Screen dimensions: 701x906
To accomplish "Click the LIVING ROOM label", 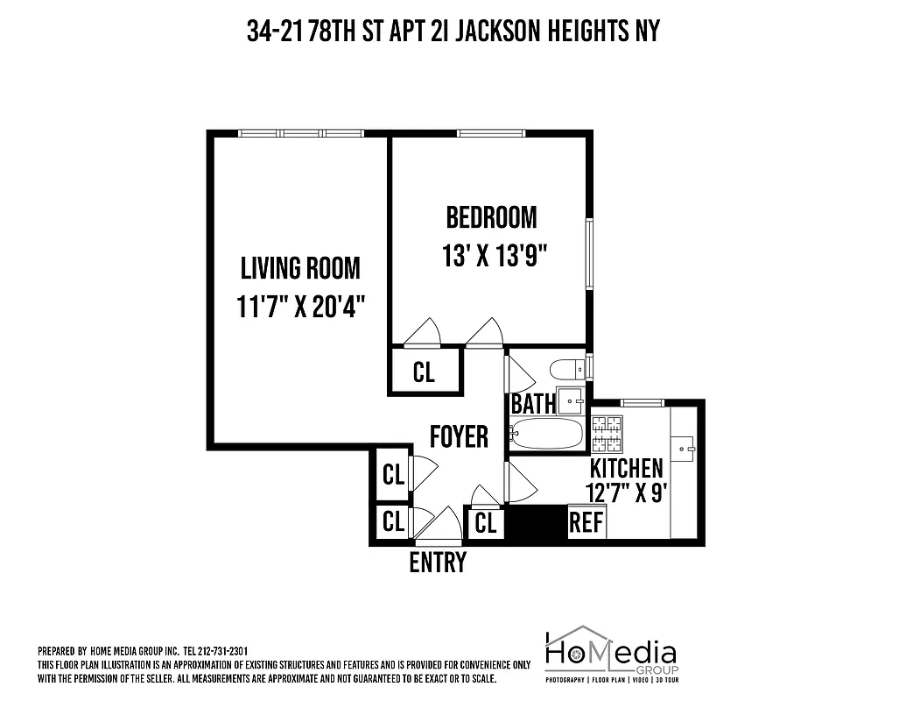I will pos(300,267).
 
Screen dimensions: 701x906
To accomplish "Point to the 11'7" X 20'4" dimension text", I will pos(300,308).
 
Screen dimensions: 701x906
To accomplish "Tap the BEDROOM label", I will pos(491,216).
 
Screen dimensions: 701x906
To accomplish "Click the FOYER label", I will pos(459,435).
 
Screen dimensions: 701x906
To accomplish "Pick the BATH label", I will pos(533,404).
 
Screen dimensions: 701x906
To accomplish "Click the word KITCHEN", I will pos(626,467).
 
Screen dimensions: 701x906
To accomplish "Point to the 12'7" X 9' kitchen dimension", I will pos(628,492).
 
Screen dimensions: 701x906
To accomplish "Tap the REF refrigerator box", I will pos(586,522).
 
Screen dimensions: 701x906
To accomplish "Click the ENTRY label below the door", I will pos(438,562).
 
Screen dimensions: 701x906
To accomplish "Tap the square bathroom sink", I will pos(573,400).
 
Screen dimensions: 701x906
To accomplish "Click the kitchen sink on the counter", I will pos(683,447).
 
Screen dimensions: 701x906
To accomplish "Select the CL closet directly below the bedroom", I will pos(424,372).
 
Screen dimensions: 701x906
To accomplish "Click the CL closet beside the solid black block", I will pos(486,523).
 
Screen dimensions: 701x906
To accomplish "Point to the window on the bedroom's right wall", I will pos(590,254).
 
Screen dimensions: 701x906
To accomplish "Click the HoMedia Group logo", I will pos(610,654).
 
